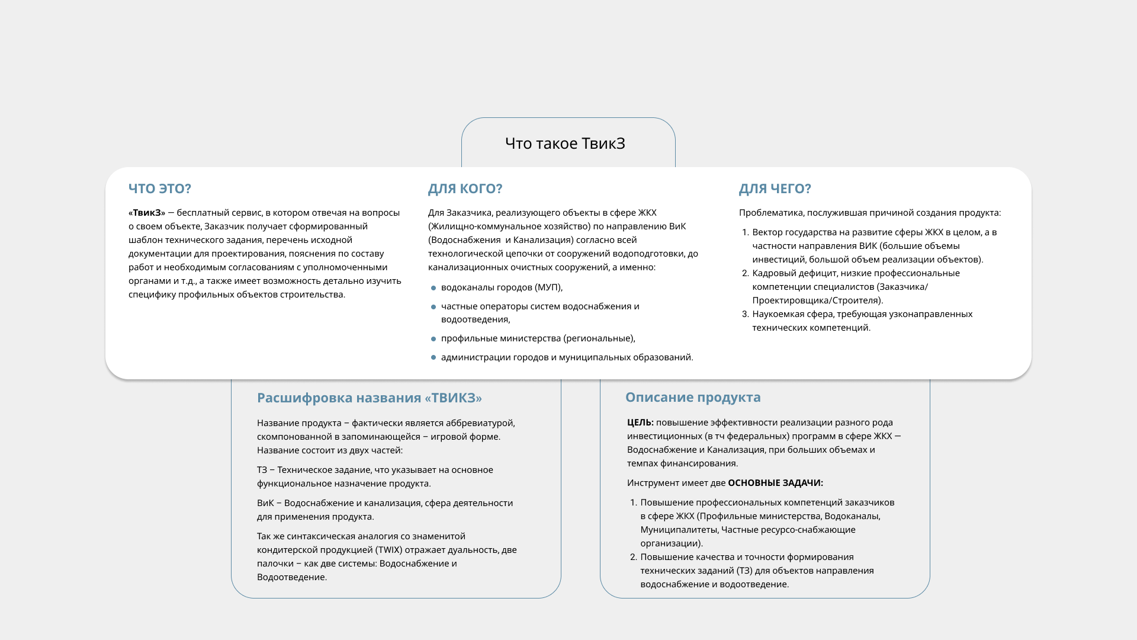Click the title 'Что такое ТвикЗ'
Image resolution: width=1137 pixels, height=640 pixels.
(x=565, y=143)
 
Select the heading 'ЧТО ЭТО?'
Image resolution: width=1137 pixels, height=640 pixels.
(x=160, y=188)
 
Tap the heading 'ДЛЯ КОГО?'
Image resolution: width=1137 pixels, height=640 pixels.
(x=465, y=188)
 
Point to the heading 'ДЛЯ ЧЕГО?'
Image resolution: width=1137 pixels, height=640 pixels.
(x=775, y=188)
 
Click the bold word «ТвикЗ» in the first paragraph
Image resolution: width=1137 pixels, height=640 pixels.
(x=147, y=213)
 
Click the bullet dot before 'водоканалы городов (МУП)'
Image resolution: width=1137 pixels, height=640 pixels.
(x=433, y=288)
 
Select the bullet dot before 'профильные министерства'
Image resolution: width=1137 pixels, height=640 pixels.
(x=433, y=339)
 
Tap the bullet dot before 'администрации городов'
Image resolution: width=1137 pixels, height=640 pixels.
(x=433, y=358)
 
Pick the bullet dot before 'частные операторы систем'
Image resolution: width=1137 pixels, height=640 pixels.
(x=433, y=307)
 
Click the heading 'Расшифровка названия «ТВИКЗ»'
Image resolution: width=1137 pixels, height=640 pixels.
(x=369, y=398)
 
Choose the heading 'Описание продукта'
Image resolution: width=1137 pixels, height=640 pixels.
(x=693, y=397)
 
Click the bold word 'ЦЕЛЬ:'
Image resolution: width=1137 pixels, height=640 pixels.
(x=640, y=423)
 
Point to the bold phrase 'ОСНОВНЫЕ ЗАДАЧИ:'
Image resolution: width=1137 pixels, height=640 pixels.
(x=775, y=483)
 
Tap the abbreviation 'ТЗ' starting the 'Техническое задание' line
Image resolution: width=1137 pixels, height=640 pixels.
(x=262, y=470)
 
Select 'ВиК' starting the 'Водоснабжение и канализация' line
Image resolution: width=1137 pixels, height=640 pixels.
(x=265, y=503)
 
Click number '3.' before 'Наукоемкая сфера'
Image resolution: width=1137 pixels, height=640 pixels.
(x=746, y=314)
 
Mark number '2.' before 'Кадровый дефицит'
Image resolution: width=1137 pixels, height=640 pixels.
(x=746, y=273)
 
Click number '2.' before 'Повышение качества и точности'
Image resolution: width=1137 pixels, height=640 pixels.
(x=634, y=557)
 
